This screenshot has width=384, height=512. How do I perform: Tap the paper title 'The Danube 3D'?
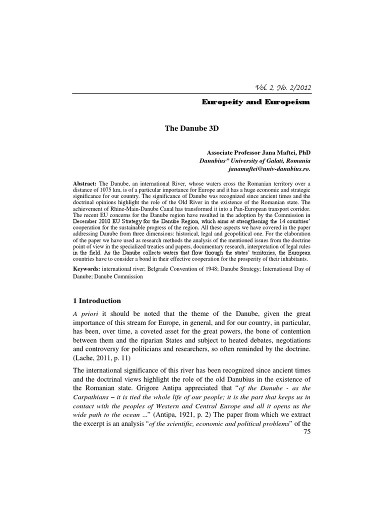point(191,128)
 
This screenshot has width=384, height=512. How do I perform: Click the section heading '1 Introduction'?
point(97,300)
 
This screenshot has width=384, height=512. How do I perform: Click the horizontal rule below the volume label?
point(191,93)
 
